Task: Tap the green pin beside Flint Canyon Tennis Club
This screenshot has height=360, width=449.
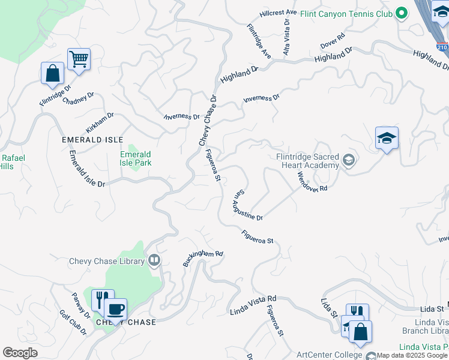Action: point(401,14)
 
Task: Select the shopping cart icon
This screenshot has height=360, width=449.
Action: point(79,59)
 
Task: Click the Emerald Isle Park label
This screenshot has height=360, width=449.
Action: point(136,158)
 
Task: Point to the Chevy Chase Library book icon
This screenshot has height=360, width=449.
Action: point(154,260)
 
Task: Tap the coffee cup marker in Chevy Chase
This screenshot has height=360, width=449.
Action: point(115,310)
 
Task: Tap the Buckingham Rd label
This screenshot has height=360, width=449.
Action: point(203,258)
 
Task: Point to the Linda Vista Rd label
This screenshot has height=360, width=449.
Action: point(253,305)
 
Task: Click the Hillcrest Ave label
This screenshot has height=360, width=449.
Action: point(279,13)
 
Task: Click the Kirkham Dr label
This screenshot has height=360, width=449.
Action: point(100,122)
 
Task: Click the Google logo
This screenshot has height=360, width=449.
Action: point(20,353)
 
